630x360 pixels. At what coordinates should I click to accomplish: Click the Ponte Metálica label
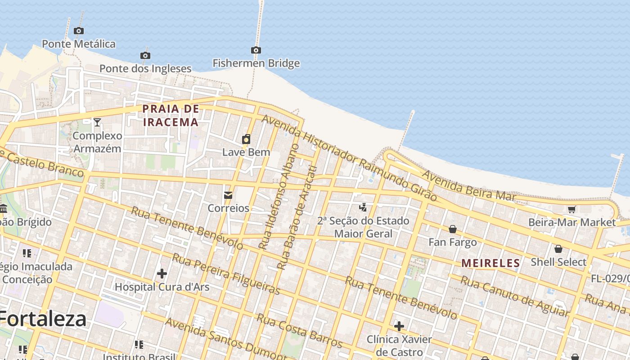coord(79,44)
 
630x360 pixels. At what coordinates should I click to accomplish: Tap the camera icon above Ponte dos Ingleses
coord(145,55)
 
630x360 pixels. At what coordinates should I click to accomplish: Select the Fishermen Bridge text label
coord(256,63)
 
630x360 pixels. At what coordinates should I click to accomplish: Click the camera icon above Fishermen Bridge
coord(256,50)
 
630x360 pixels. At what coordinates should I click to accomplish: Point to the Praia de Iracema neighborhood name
coord(171,116)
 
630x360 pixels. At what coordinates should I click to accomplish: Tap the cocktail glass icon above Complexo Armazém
coord(97,122)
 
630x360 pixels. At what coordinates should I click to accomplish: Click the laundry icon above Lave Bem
coord(246,139)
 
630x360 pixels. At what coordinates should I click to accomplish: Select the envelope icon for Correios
coord(228,195)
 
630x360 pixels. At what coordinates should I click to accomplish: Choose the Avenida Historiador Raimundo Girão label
coord(349,157)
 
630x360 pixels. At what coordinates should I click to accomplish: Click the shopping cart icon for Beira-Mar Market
coord(571,209)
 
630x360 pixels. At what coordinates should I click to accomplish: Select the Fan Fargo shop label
coord(452,243)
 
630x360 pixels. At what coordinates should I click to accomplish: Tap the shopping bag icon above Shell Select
coord(558,249)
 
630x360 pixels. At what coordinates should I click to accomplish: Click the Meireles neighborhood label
coord(491,263)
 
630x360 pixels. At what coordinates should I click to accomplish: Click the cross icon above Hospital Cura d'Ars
coord(162,273)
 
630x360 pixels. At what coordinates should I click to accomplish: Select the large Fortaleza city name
coord(43,319)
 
